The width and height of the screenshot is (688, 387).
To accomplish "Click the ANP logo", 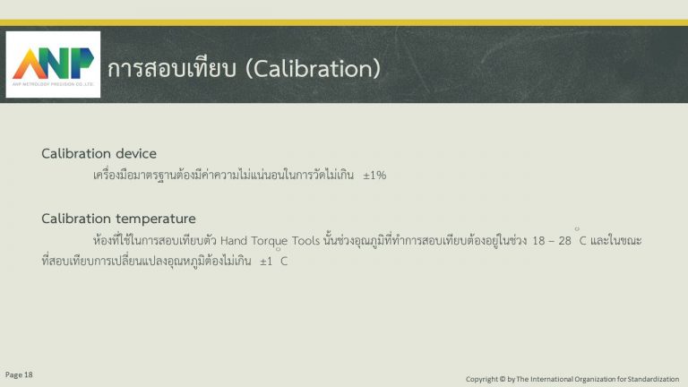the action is click(x=53, y=64).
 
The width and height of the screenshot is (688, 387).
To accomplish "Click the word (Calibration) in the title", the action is click(x=314, y=69).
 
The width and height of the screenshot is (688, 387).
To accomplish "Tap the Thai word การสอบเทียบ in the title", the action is click(x=172, y=68).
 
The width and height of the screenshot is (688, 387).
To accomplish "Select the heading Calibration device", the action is click(x=99, y=153).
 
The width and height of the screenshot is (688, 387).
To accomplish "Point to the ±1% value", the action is click(x=374, y=175).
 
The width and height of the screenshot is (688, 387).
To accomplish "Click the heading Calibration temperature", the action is click(x=118, y=219).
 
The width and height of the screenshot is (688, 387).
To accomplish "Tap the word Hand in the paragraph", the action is click(x=234, y=240).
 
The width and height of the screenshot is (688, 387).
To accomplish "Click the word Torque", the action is click(x=270, y=241).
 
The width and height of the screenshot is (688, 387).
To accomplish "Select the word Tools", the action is click(x=305, y=240).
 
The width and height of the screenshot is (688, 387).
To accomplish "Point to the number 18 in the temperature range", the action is click(x=538, y=240).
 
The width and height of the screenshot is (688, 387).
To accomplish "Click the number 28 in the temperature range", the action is click(x=564, y=240).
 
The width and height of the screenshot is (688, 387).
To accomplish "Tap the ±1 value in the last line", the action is click(x=266, y=262).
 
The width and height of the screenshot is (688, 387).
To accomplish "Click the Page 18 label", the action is click(x=19, y=374).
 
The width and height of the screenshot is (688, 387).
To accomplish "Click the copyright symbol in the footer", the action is click(x=503, y=379).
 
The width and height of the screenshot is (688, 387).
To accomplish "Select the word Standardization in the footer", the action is click(x=653, y=379).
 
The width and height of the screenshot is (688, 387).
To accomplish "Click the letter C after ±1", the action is click(x=284, y=262).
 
